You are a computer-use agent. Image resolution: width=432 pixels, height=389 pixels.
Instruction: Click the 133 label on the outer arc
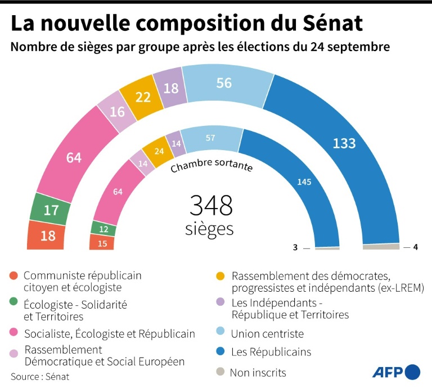pyautogui.click(x=344, y=143)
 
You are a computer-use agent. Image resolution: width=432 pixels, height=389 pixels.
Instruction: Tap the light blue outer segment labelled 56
pyautogui.click(x=224, y=83)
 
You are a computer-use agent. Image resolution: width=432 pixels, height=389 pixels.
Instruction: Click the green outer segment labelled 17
pyautogui.click(x=51, y=210)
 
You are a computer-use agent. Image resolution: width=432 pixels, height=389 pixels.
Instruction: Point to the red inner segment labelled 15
pyautogui.click(x=102, y=243)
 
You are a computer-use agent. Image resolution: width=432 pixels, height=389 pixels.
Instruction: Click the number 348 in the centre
pyautogui.click(x=211, y=206)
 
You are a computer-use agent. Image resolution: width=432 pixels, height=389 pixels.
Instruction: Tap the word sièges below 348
pyautogui.click(x=209, y=229)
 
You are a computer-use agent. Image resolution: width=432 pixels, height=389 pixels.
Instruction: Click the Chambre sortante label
pyautogui.click(x=211, y=167)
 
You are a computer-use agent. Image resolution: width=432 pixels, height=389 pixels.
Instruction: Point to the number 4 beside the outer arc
pyautogui.click(x=416, y=247)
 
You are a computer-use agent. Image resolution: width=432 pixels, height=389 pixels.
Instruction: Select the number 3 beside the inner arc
pyautogui.click(x=295, y=247)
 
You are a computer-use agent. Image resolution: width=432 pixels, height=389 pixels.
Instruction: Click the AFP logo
pyautogui.click(x=396, y=372)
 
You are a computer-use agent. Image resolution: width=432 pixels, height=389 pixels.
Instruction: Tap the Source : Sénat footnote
pyautogui.click(x=40, y=377)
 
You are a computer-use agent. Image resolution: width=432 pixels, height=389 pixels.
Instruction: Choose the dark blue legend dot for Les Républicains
pyautogui.click(x=220, y=352)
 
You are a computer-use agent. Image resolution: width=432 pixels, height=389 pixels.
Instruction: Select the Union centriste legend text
pyautogui.click(x=267, y=334)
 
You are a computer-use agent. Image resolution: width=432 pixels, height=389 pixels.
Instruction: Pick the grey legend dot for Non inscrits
pyautogui.click(x=220, y=372)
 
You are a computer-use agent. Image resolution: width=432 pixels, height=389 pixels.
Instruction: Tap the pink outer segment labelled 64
pyautogui.click(x=74, y=158)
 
